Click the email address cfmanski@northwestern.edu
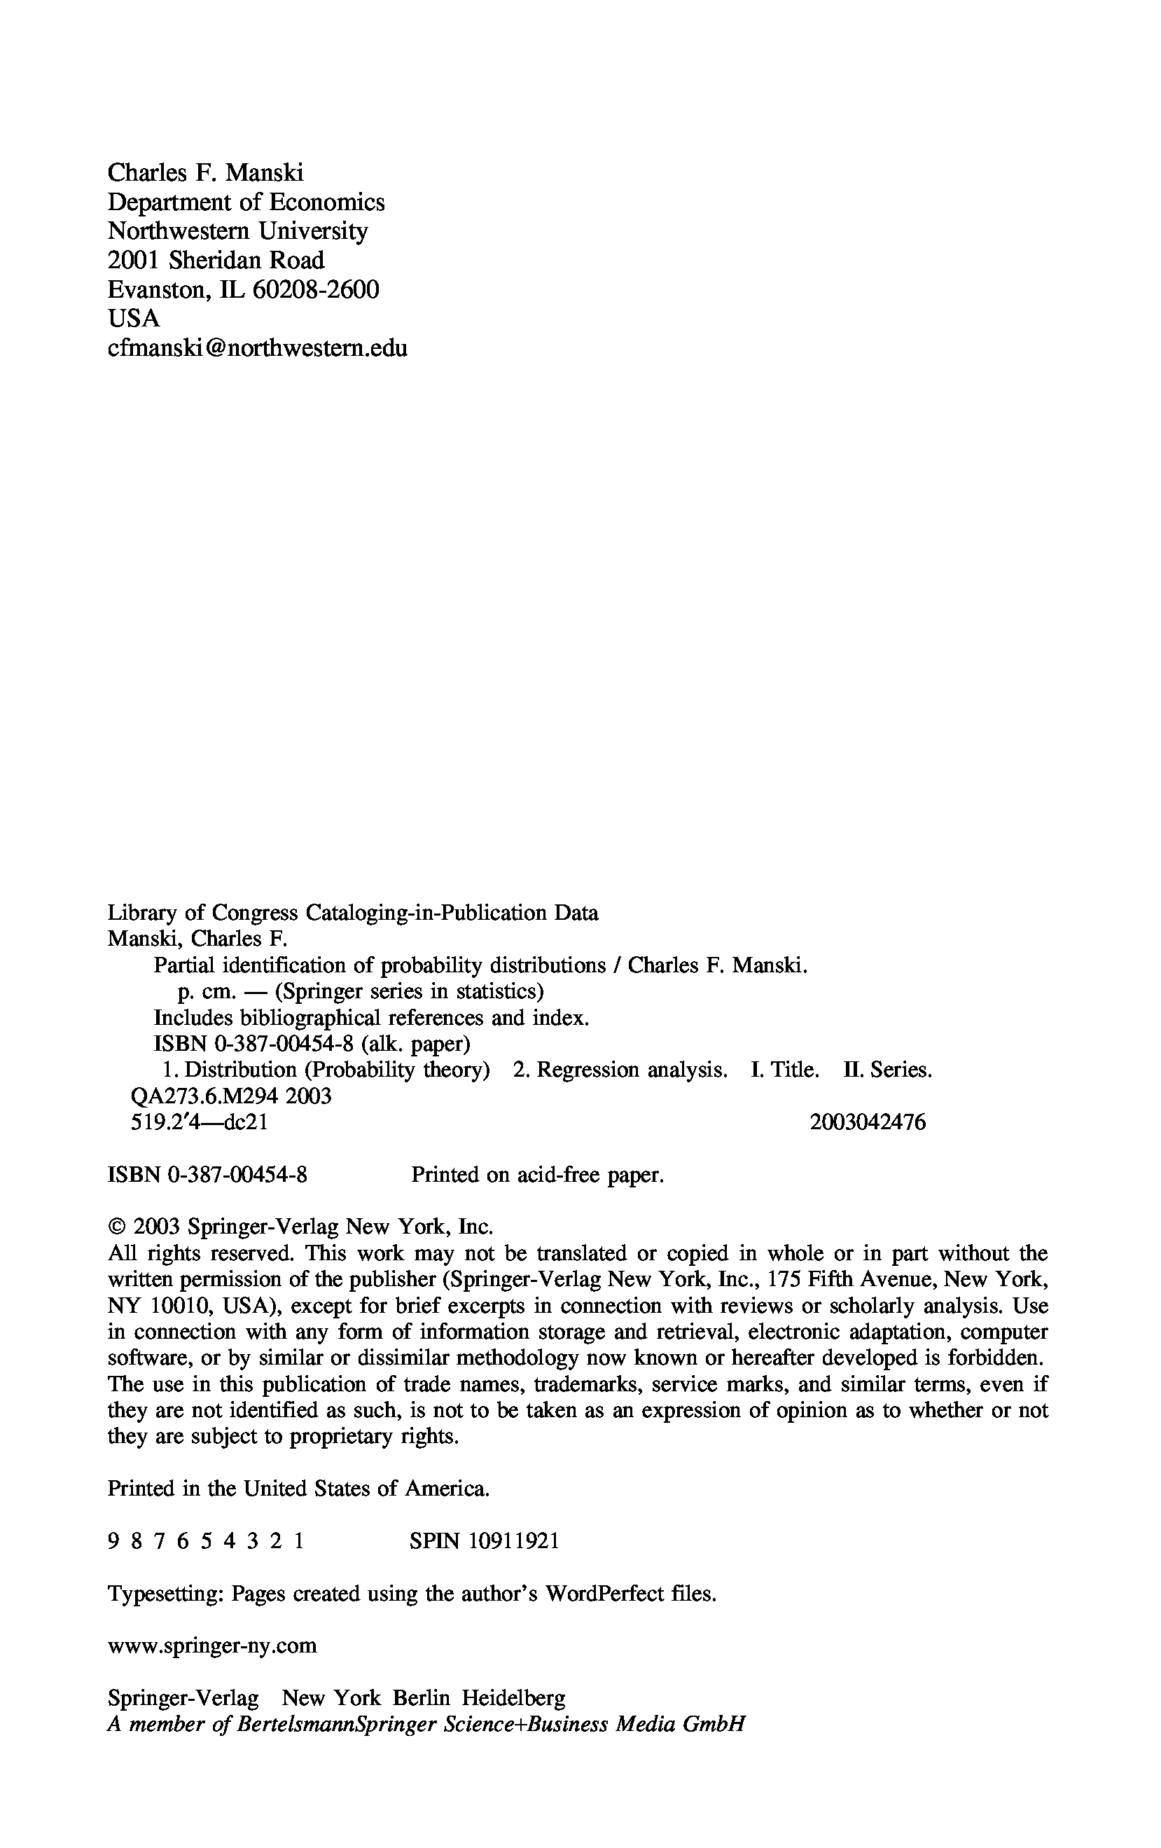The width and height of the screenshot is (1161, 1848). point(257,347)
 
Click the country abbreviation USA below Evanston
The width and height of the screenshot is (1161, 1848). point(134,318)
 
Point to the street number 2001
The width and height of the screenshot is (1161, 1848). point(134,260)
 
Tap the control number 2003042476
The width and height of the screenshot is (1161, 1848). point(867,1123)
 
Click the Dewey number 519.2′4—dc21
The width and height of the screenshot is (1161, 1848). point(200,1123)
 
